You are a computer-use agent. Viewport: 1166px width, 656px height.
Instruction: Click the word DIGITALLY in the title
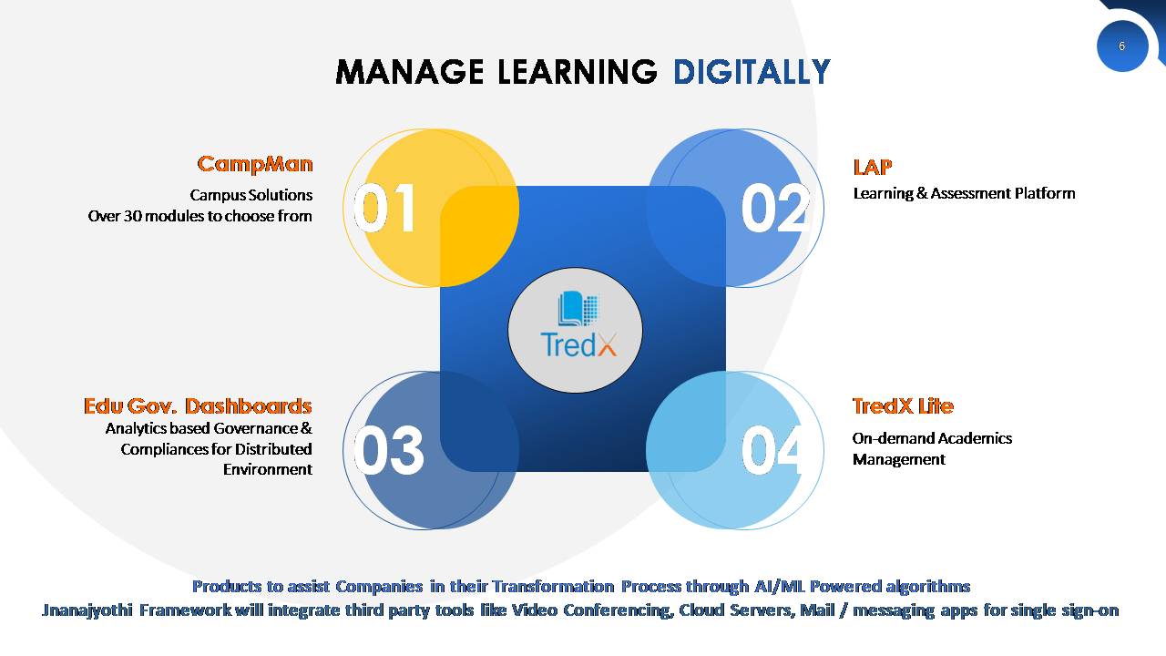752,72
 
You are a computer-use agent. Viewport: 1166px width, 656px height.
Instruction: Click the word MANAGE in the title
410,72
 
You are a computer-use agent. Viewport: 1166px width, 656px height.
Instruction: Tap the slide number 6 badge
1121,46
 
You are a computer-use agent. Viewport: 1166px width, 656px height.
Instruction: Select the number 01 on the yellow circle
384,209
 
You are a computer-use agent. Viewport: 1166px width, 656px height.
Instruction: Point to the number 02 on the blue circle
775,209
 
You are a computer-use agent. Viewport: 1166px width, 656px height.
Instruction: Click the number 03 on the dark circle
388,450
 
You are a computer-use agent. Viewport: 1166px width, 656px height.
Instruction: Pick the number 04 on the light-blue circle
772,450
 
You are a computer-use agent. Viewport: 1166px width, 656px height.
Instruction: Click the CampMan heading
255,165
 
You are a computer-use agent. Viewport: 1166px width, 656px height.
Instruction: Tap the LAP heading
873,168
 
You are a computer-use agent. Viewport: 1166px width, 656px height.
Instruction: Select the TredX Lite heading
903,406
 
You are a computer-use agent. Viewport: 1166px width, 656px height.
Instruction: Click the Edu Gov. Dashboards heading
198,406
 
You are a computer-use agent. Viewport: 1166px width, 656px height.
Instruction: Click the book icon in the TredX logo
578,308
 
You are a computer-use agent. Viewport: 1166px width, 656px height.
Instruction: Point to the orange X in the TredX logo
607,344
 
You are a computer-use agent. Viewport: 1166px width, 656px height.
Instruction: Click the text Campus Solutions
251,195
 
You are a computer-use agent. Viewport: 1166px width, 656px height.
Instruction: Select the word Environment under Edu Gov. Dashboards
268,469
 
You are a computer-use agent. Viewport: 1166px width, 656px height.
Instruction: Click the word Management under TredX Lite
899,460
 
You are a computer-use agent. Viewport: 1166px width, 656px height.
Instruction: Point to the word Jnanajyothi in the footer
87,610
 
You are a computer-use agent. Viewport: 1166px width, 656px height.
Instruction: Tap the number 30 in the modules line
132,216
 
